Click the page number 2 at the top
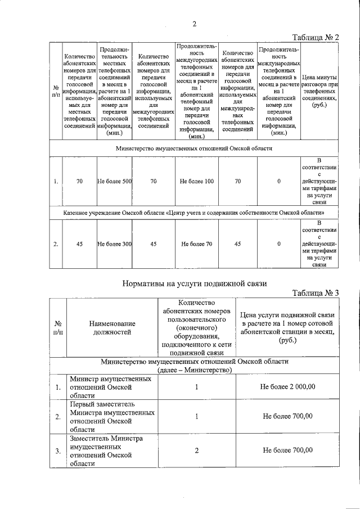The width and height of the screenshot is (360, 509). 194,24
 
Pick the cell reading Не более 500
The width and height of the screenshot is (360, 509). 114,182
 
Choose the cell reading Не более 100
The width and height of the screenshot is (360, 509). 196,182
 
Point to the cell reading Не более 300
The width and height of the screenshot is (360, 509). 114,244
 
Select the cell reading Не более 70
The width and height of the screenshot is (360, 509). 196,244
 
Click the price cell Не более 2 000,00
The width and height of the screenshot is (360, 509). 287,387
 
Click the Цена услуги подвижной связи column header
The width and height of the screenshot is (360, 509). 287,327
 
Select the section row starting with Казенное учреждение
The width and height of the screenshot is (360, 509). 194,214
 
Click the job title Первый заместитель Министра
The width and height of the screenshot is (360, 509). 112,417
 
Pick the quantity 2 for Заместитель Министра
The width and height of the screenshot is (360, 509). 196,451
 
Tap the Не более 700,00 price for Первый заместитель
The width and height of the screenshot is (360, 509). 287,417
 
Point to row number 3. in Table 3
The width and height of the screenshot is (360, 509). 57,451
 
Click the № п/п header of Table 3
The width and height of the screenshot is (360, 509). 57,328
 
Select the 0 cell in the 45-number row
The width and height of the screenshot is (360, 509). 279,244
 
